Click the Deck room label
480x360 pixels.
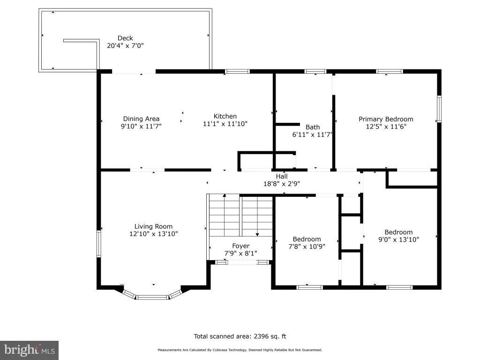point(125,38)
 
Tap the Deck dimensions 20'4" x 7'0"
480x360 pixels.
point(125,45)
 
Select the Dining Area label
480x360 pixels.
point(141,119)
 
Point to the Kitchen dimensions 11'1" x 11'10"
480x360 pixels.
point(225,124)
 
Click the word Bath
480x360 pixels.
point(313,127)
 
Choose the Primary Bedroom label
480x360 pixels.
point(386,119)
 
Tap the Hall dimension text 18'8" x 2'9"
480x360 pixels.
point(282,184)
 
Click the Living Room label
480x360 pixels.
point(153,226)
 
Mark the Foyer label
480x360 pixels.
point(240,246)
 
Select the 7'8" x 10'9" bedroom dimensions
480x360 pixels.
point(307,247)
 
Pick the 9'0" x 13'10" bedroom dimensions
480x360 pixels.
point(398,240)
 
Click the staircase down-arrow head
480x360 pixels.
point(257,234)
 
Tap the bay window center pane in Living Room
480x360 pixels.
point(152,297)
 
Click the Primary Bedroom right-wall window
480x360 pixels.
point(439,109)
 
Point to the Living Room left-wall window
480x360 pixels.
point(99,244)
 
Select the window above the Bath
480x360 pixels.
point(315,72)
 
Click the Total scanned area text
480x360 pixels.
point(240,337)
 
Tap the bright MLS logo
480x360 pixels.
point(29,350)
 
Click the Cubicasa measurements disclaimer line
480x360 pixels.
point(240,350)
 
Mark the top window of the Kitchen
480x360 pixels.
point(237,72)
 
